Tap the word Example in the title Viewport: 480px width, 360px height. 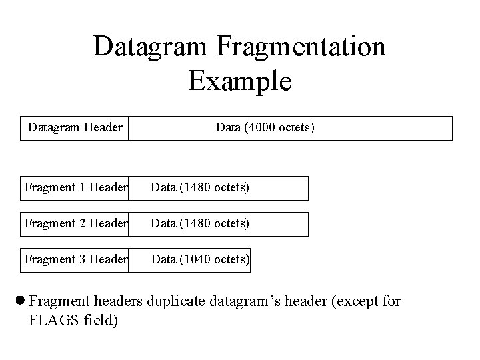(240, 81)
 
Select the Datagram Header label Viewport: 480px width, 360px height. (75, 127)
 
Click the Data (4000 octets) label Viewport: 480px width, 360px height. (265, 127)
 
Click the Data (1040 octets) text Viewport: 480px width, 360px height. (201, 260)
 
